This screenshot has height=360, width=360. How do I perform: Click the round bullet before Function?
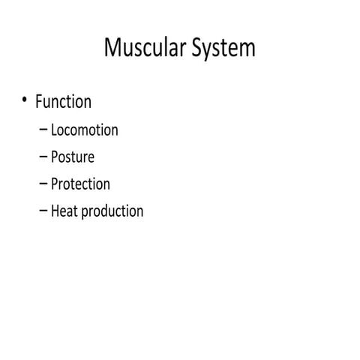pos(25,100)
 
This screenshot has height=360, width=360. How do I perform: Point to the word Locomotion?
pos(84,130)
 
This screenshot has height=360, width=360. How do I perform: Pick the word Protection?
pos(80,184)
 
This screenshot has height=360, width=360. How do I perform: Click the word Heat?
pos(64,211)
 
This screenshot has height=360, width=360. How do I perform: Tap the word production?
pos(112,211)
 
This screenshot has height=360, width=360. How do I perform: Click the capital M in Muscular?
pos(113,48)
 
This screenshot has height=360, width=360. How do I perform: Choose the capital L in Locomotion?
pos(54,130)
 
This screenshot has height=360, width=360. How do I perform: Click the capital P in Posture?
pos(55,157)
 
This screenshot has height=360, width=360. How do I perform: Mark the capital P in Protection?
pos(55,184)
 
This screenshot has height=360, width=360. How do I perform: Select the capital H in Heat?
pos(55,211)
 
